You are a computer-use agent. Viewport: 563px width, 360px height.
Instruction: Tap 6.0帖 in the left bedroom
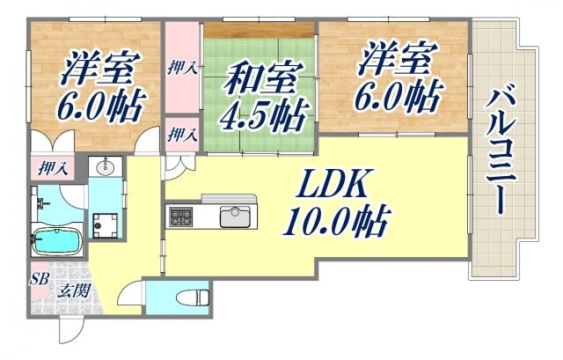click(x=96, y=107)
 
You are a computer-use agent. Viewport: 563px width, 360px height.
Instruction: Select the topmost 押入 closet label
click(x=183, y=68)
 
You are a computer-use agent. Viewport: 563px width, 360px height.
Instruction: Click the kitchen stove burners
click(x=181, y=215)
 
